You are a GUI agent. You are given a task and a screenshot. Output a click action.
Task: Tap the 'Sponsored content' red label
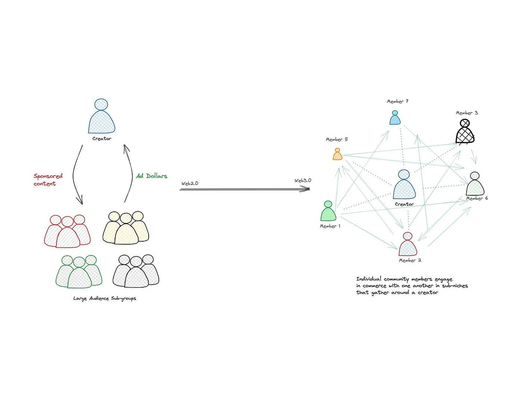point(48,180)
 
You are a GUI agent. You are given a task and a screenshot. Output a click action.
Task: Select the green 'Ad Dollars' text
point(152,176)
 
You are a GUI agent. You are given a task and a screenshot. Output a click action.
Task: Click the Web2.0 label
point(190,183)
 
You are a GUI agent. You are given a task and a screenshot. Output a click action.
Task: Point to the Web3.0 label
point(303,180)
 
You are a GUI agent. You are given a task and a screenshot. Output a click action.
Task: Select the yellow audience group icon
point(126,228)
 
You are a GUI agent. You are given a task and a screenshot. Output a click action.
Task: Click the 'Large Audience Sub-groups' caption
point(105,298)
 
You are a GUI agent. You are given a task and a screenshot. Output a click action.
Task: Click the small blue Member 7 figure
point(395,118)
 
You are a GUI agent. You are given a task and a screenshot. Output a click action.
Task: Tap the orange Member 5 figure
point(337,154)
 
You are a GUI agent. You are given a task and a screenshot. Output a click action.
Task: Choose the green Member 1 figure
point(328,211)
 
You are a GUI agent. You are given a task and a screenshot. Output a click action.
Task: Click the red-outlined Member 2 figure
point(408,245)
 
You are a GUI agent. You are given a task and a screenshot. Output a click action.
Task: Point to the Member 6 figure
point(475,184)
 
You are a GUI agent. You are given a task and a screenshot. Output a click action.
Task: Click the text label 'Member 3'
point(467,113)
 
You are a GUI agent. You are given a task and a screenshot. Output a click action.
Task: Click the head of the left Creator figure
point(101,104)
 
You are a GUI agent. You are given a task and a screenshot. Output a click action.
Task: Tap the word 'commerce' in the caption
point(374,286)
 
